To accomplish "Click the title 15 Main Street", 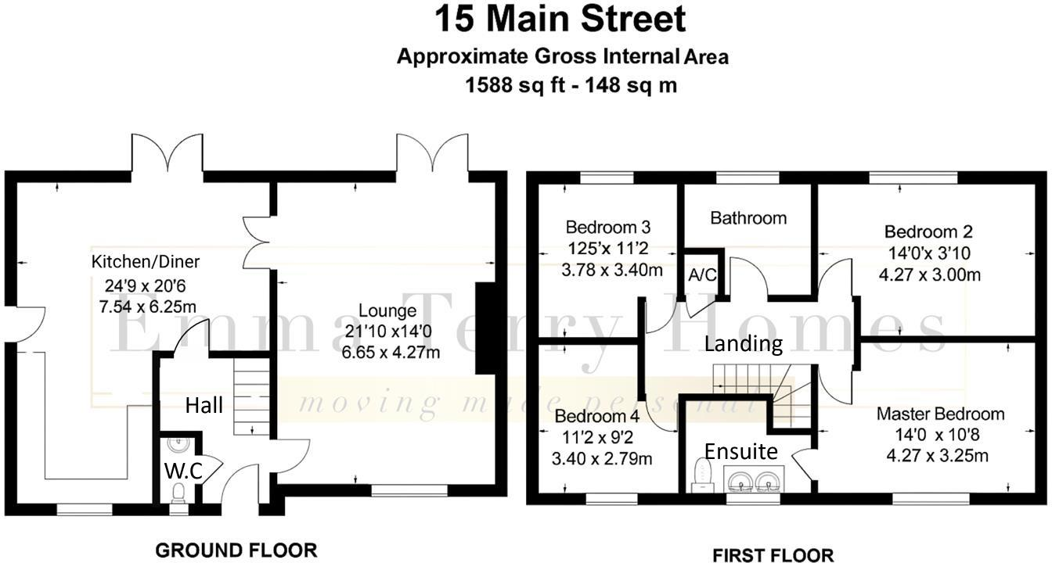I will (x=560, y=20).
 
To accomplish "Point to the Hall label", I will (x=204, y=405).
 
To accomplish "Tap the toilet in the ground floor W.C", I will (x=179, y=492).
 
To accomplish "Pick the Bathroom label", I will (x=748, y=218).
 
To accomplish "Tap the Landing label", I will (x=743, y=342).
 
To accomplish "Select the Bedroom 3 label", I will (x=608, y=228).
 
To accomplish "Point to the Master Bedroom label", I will (x=940, y=414).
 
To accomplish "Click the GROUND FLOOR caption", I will (x=236, y=550).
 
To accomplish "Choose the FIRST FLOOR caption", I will (x=773, y=555).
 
